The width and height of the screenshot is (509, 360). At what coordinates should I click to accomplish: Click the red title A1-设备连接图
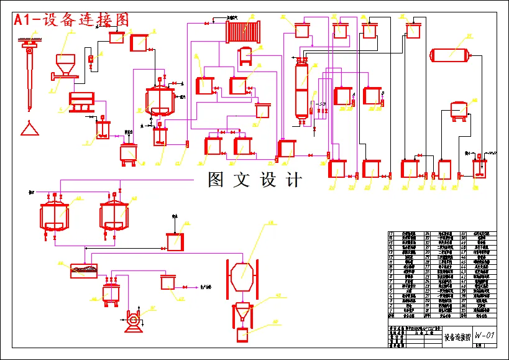[x=72, y=20]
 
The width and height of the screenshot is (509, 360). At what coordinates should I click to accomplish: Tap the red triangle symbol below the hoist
[x=28, y=129]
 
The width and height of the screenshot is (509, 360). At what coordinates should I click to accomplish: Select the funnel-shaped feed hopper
[x=65, y=63]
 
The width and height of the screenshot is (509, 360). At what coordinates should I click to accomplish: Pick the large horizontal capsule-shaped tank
[x=454, y=55]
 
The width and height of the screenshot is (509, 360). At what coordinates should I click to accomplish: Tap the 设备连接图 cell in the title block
[x=456, y=337]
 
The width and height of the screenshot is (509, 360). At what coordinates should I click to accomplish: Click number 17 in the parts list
[x=391, y=234]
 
